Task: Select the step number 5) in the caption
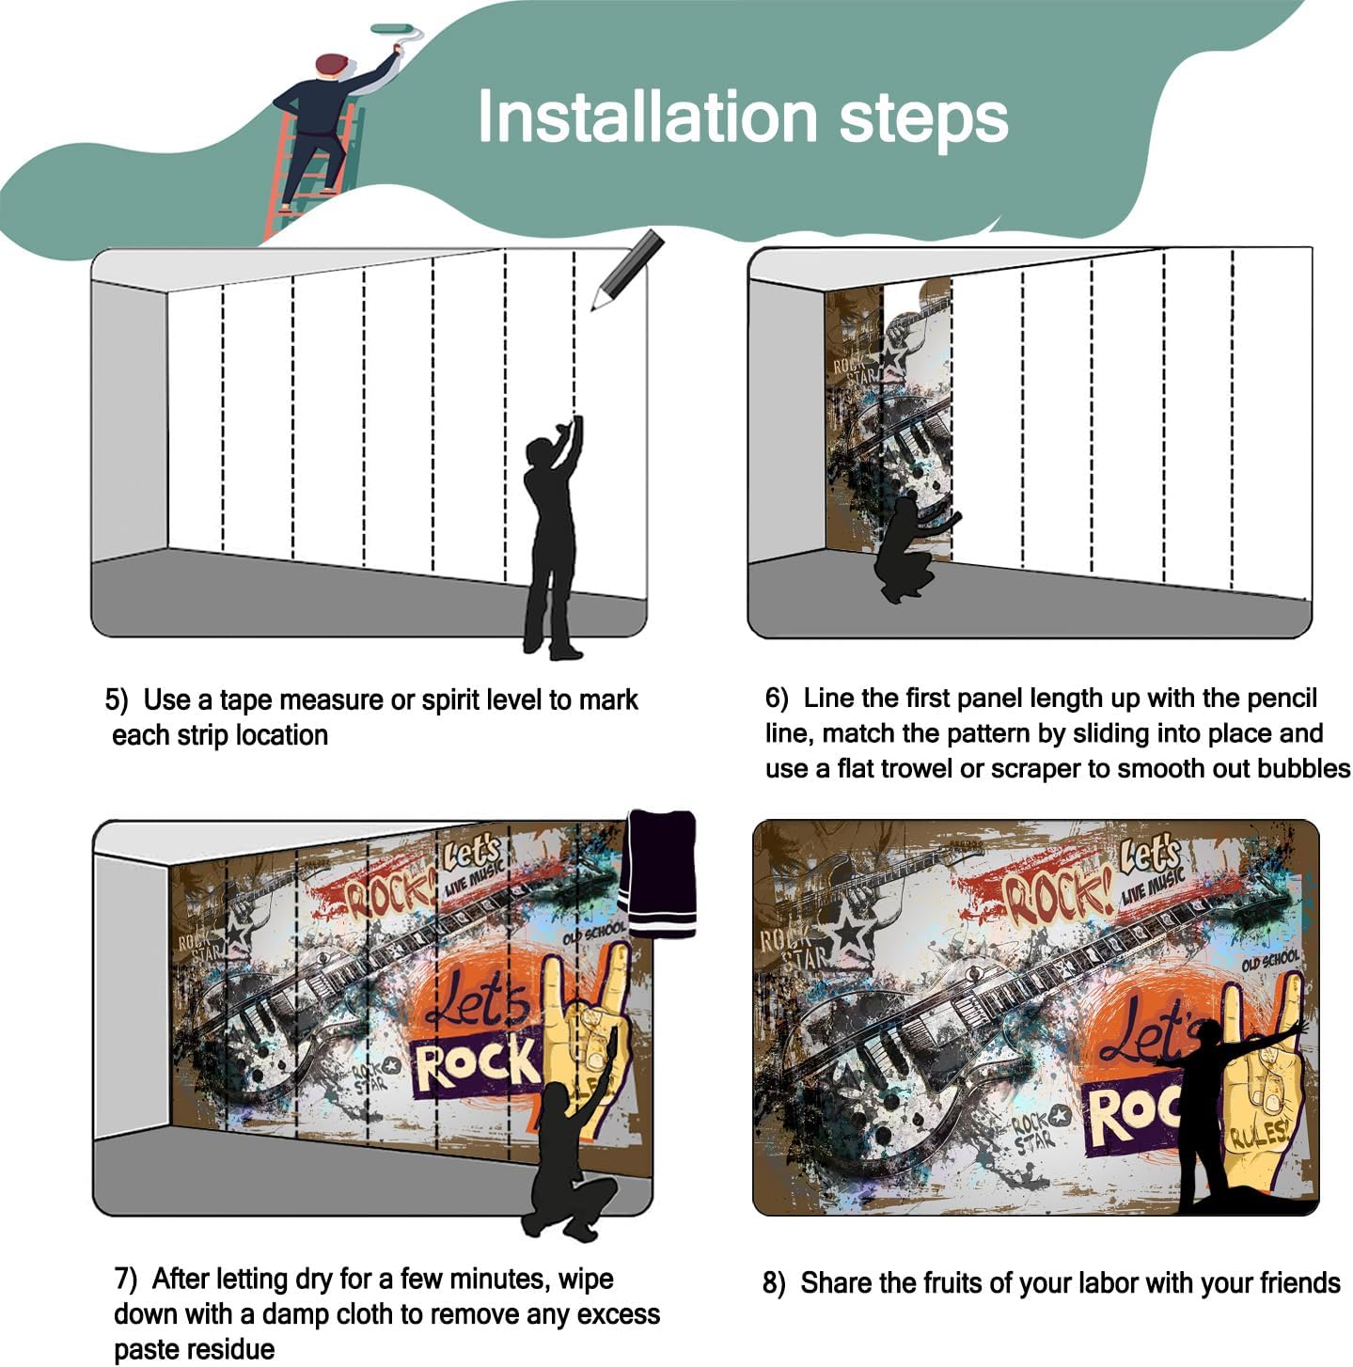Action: pyautogui.click(x=117, y=700)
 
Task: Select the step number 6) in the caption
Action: pyautogui.click(x=777, y=698)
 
